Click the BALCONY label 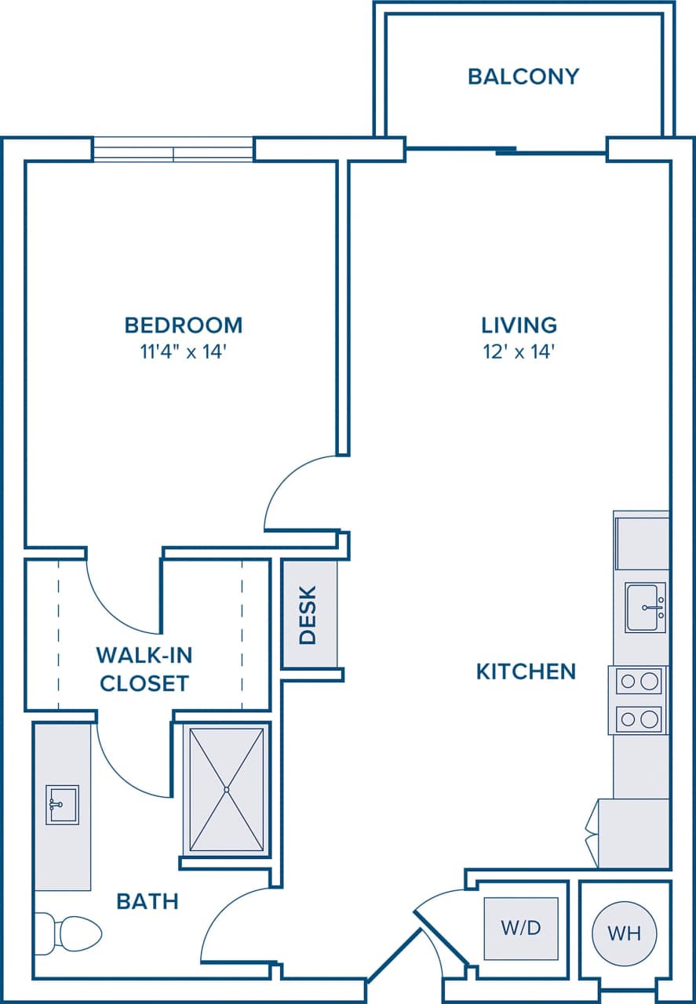click(523, 76)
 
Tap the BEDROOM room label click(184, 325)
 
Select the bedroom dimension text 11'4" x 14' click(184, 351)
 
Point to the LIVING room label click(519, 325)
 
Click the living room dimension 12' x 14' click(519, 351)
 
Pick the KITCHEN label click(526, 671)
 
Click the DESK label click(308, 615)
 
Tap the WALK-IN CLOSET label click(144, 669)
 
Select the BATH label click(148, 901)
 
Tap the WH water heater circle click(624, 933)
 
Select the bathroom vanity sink click(62, 805)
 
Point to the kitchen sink click(645, 607)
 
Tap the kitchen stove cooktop click(637, 700)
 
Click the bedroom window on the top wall click(173, 149)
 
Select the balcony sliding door click(506, 151)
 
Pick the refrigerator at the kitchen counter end click(633, 833)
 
